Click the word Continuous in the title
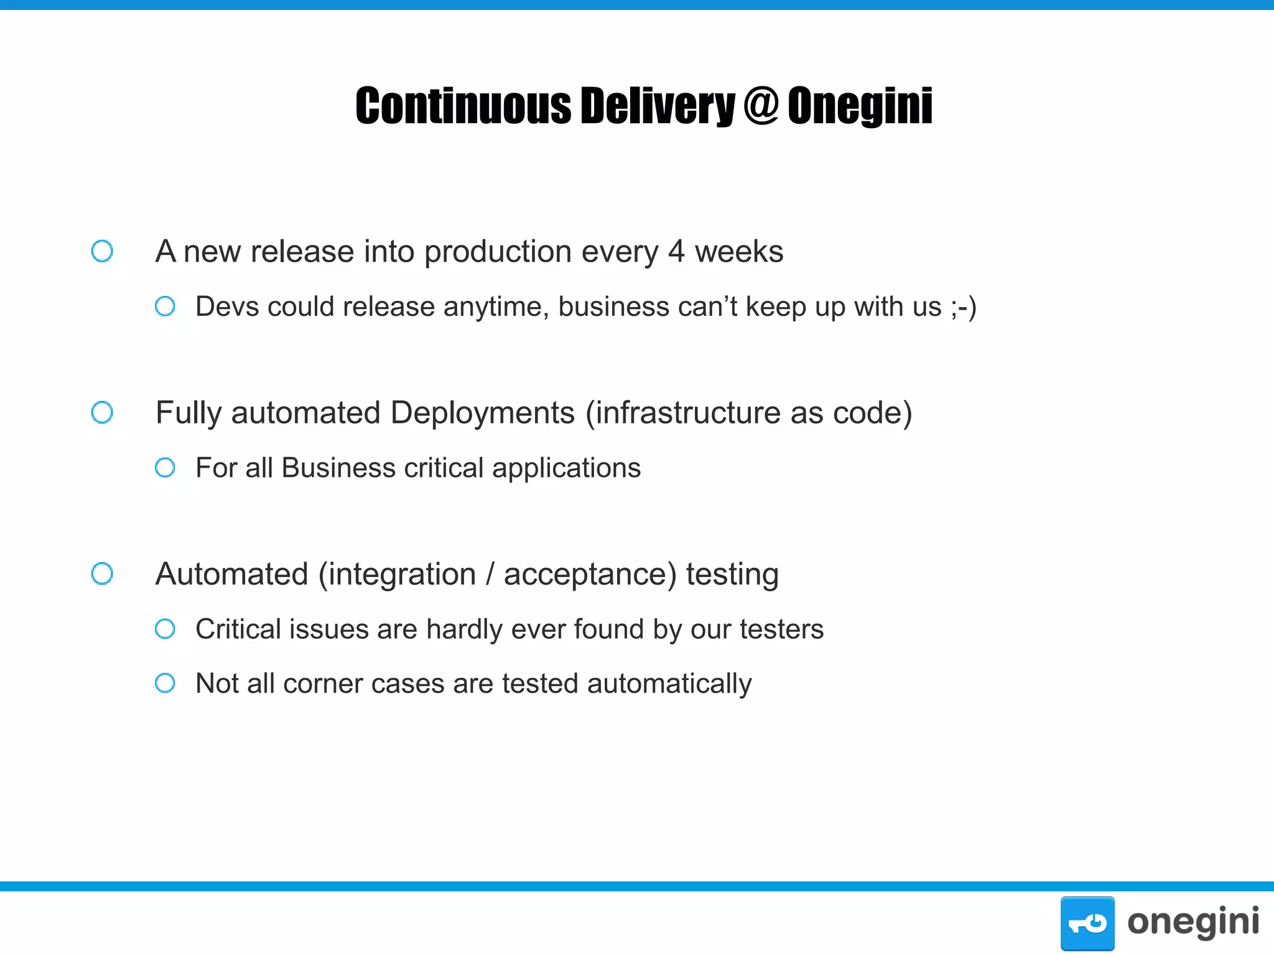pyautogui.click(x=463, y=106)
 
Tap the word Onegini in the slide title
pyautogui.click(x=860, y=106)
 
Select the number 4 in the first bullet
pyautogui.click(x=676, y=252)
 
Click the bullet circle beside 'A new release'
pyautogui.click(x=102, y=251)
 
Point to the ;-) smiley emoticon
pyautogui.click(x=964, y=307)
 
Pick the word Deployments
pyautogui.click(x=483, y=413)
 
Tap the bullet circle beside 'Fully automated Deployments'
pyautogui.click(x=102, y=412)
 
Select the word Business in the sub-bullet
pyautogui.click(x=338, y=468)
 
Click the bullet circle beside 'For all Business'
pyautogui.click(x=165, y=468)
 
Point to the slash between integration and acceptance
pyautogui.click(x=490, y=574)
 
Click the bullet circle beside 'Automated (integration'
pyautogui.click(x=102, y=573)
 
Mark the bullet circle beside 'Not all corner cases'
pyautogui.click(x=165, y=683)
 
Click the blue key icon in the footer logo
pyautogui.click(x=1087, y=923)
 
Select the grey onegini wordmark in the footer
pyautogui.click(x=1193, y=922)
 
